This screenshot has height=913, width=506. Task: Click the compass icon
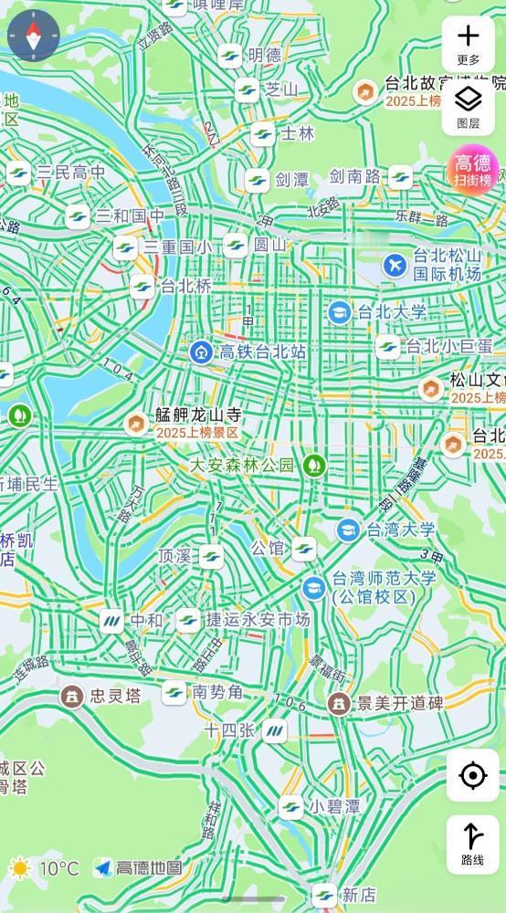(34, 36)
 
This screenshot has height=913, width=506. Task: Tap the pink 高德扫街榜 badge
(473, 169)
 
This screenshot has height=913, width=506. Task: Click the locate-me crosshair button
(472, 776)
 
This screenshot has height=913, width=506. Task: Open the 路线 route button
(472, 844)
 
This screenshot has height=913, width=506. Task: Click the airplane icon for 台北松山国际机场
(395, 265)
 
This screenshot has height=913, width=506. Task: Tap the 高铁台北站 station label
(260, 352)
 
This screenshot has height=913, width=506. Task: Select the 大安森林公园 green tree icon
(315, 465)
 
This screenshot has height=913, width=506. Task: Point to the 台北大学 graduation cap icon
(340, 312)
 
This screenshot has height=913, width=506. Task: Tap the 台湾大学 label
(401, 529)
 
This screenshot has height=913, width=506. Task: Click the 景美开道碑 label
(400, 703)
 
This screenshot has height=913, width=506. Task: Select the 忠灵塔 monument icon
(70, 696)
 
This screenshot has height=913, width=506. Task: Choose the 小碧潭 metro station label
(333, 806)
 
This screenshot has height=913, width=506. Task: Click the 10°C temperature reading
(58, 867)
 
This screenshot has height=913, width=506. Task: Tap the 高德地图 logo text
(149, 867)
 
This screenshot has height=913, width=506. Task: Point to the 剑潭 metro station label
(292, 179)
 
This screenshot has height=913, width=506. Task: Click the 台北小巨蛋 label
(448, 346)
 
